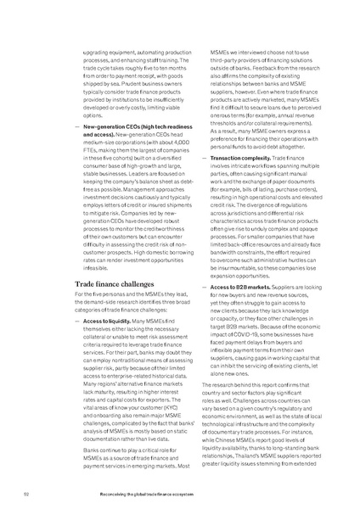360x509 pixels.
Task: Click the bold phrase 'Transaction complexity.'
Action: pyautogui.click(x=228, y=158)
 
